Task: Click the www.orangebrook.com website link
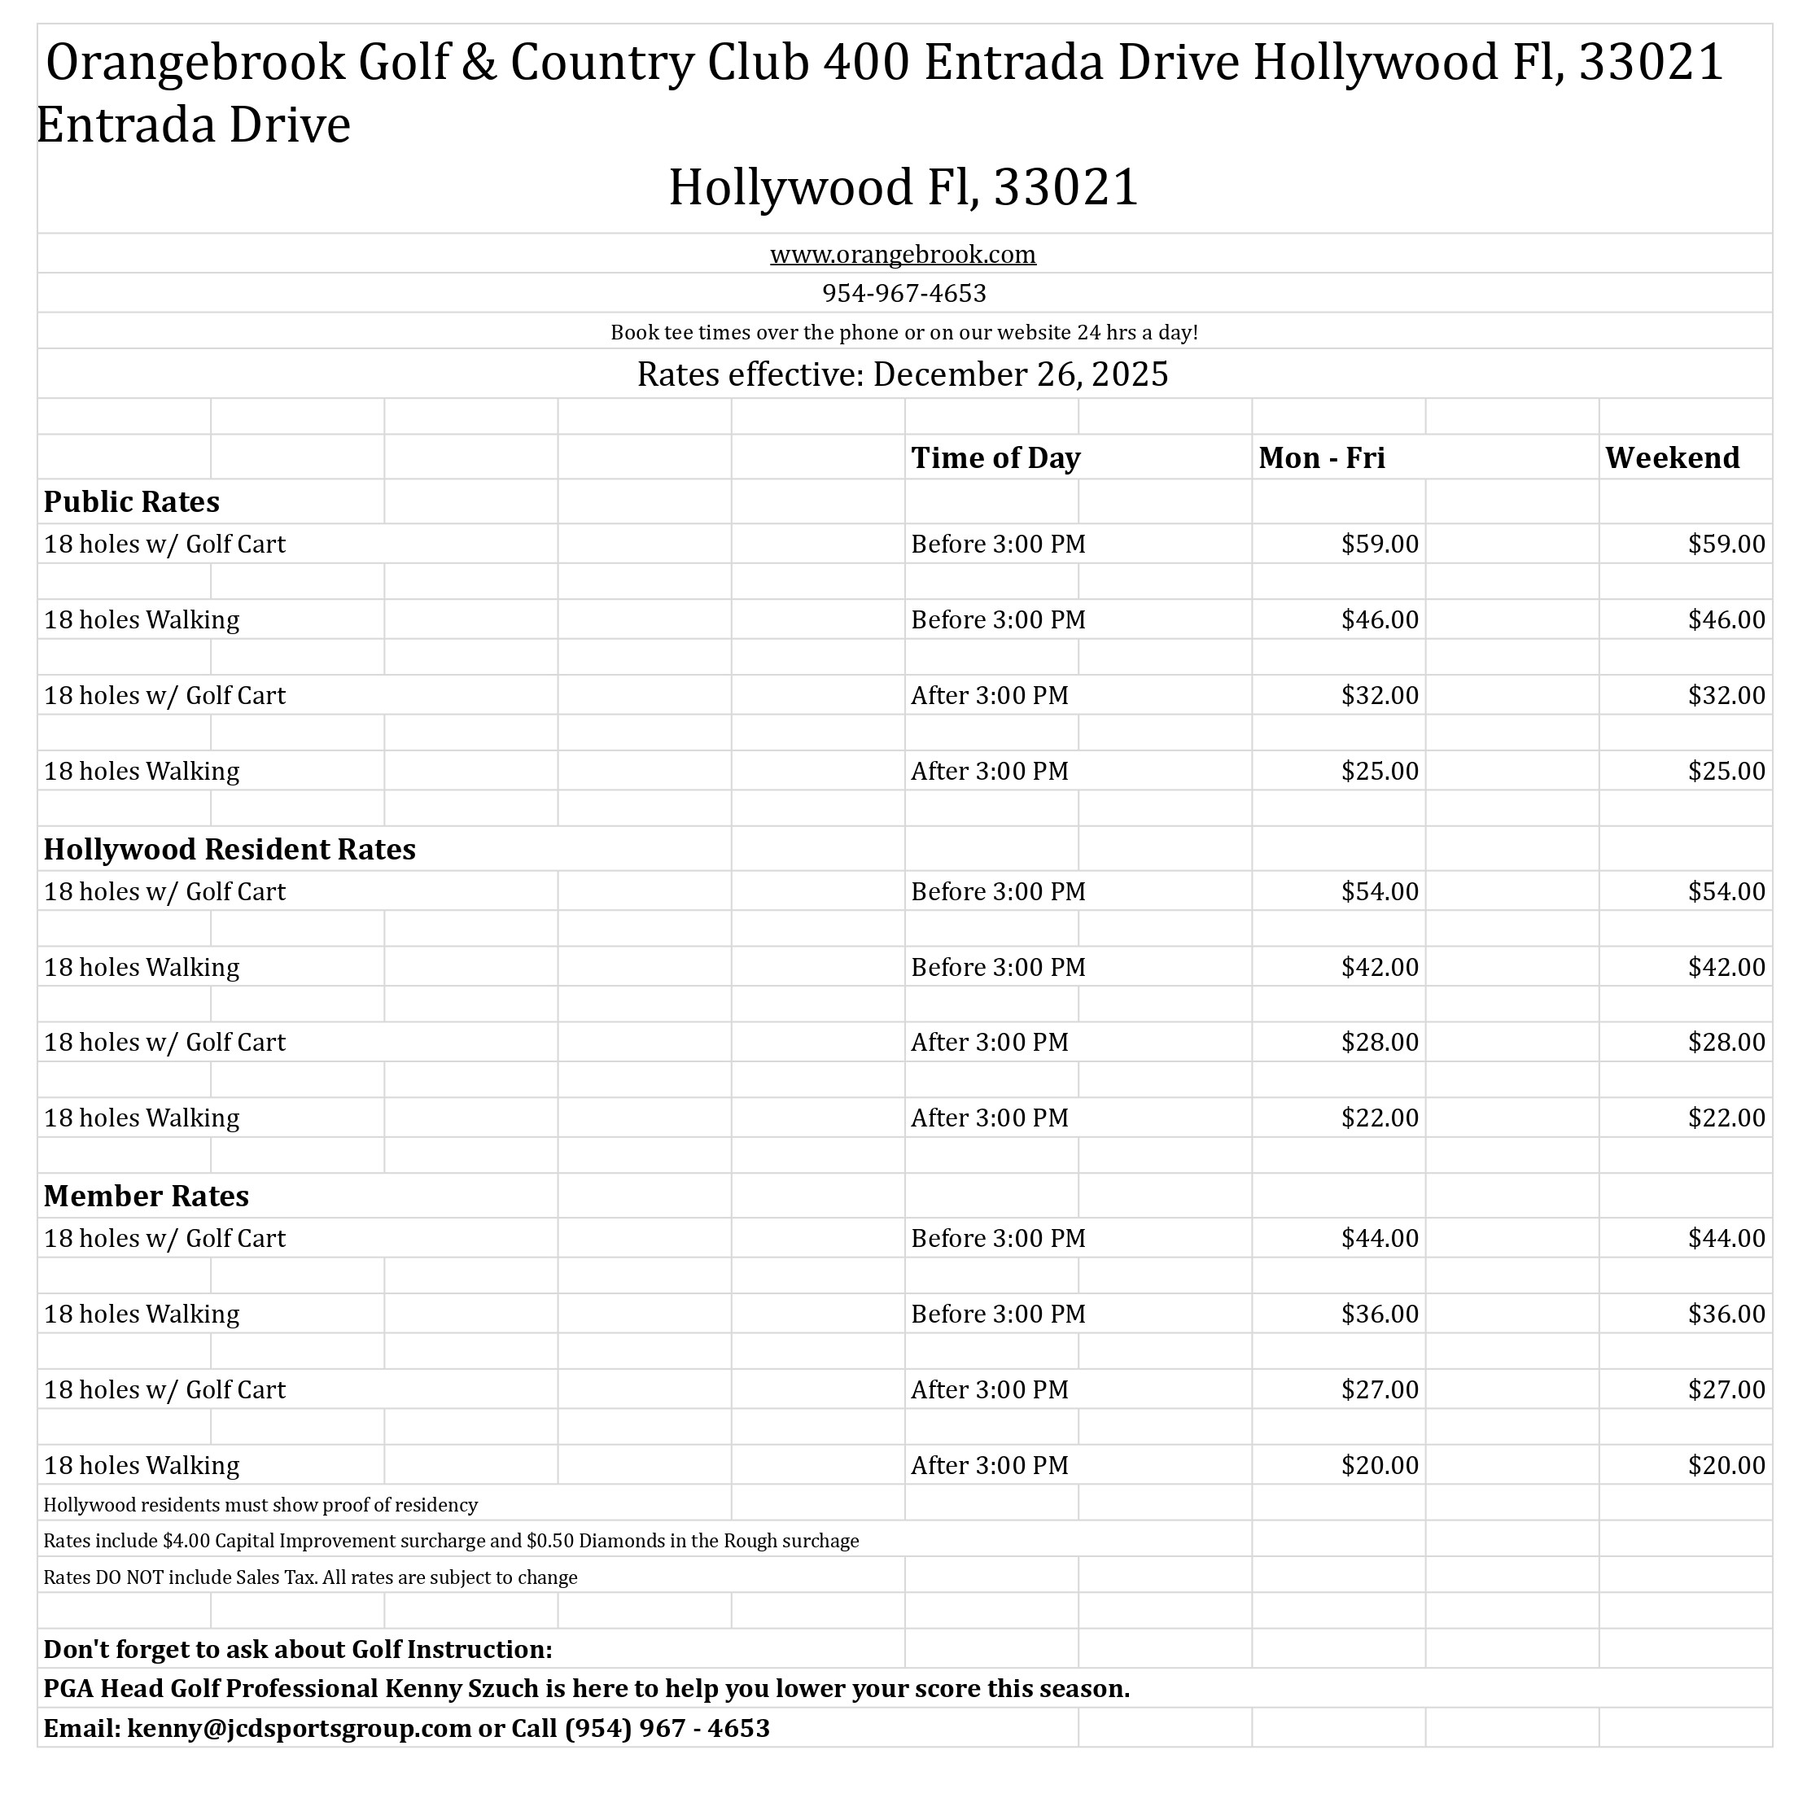click(903, 254)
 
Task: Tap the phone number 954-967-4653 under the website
click(903, 294)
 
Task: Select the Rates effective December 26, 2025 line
click(902, 374)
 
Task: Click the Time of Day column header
click(995, 457)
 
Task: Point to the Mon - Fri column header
click(1321, 457)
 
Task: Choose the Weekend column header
click(1671, 457)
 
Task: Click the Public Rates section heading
click(131, 502)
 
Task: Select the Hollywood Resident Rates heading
click(229, 850)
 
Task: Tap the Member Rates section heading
click(146, 1196)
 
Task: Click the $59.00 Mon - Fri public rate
click(1379, 545)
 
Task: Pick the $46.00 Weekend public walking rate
click(1726, 619)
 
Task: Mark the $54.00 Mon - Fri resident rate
click(1379, 892)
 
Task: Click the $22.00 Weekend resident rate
click(1726, 1118)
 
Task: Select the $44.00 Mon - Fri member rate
click(1379, 1239)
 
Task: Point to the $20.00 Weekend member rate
click(1726, 1466)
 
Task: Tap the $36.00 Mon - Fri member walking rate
click(1379, 1314)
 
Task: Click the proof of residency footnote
click(260, 1505)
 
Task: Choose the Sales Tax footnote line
click(310, 1577)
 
